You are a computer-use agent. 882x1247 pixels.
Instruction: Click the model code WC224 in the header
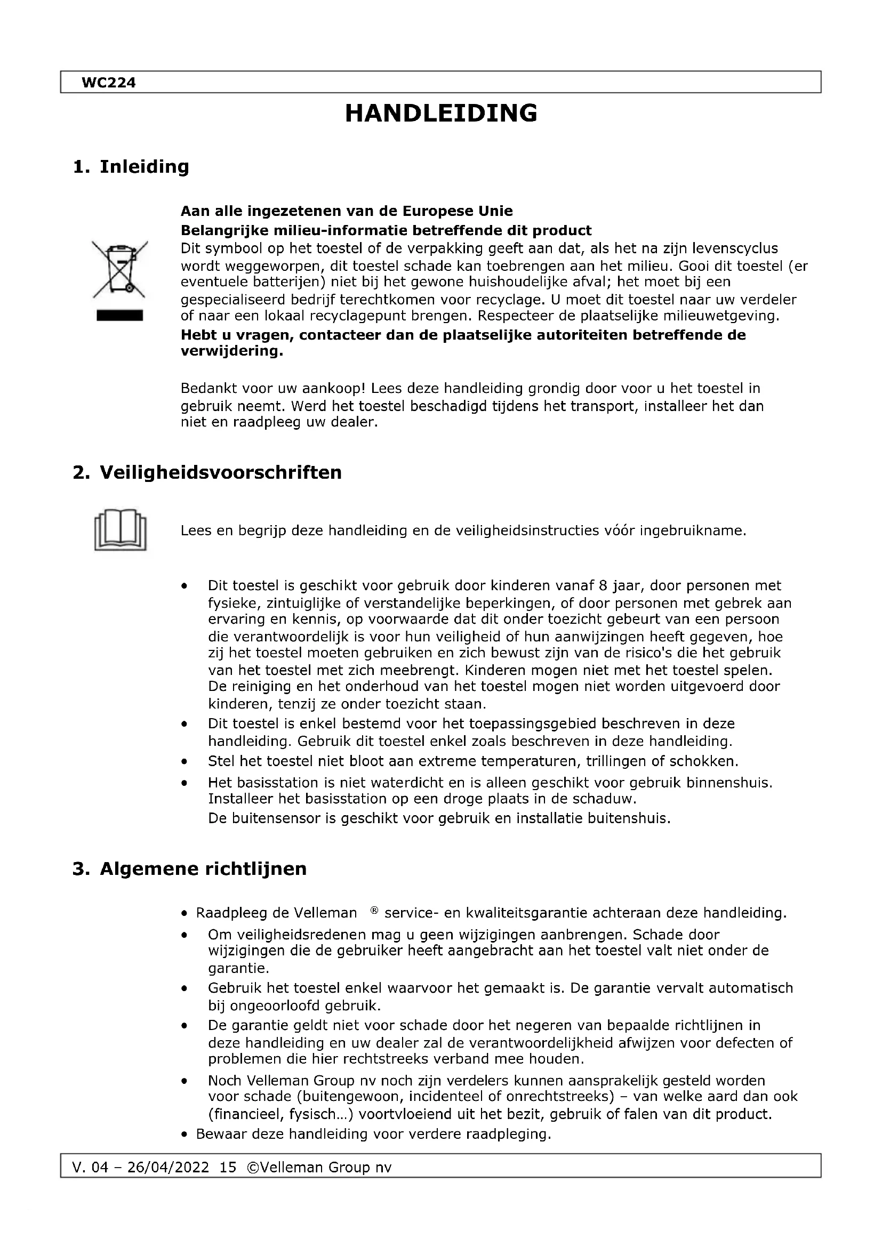108,83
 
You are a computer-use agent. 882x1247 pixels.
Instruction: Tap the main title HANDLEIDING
441,114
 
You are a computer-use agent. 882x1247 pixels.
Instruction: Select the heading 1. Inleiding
131,166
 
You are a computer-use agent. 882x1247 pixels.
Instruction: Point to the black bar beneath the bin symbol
119,316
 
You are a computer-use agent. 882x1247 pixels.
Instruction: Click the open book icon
120,529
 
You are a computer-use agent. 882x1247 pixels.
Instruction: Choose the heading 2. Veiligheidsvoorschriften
207,472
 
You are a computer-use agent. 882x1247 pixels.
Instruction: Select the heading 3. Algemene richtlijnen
189,868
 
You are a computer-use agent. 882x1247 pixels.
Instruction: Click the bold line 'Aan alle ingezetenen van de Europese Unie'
347,211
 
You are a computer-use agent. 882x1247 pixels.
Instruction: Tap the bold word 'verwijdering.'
232,351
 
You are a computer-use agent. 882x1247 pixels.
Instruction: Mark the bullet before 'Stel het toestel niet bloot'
185,761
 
